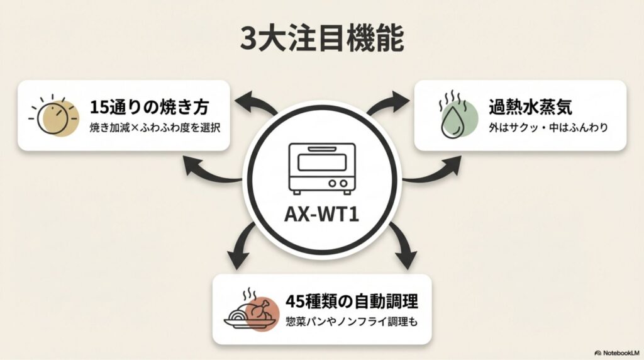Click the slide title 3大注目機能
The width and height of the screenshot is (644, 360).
tap(321, 40)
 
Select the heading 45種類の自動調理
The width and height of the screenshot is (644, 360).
tap(351, 301)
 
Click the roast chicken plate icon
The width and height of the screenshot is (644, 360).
tap(251, 310)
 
